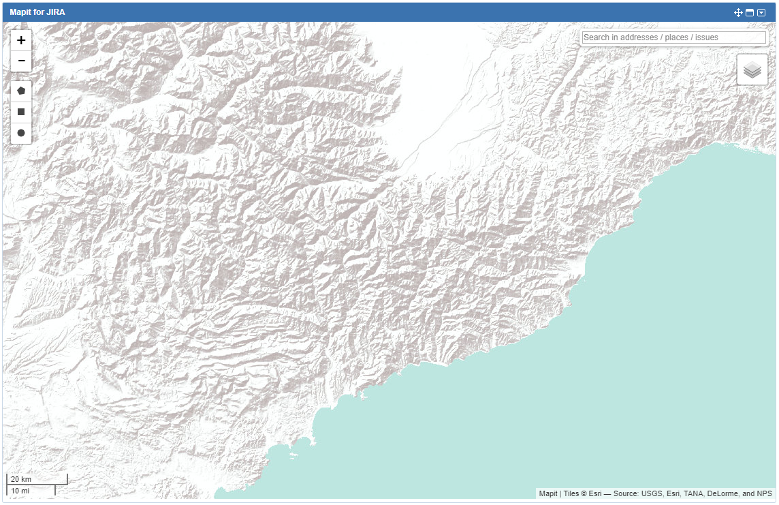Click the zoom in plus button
click(21, 40)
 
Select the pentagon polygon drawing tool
click(21, 91)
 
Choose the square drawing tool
click(21, 112)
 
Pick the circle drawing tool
click(21, 133)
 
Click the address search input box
click(673, 37)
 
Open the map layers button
click(752, 70)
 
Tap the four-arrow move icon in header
click(738, 12)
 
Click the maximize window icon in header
click(750, 12)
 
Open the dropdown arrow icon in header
click(761, 12)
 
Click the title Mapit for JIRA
click(37, 12)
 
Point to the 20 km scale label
click(21, 479)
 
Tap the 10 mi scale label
click(20, 491)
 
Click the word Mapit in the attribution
click(548, 494)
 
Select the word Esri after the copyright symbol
click(594, 494)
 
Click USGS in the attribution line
click(652, 494)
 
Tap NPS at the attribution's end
click(765, 494)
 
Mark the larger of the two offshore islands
click(294, 455)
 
